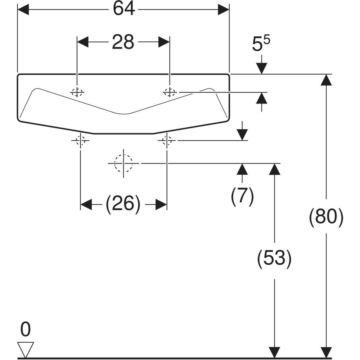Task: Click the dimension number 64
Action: (124, 9)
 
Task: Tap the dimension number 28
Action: (123, 42)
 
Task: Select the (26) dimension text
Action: (123, 205)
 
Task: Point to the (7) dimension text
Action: (242, 196)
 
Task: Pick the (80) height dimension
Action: (326, 217)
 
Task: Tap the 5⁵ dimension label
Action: (261, 45)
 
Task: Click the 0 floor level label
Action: (25, 329)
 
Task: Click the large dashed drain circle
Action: (123, 163)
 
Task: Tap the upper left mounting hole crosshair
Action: (77, 92)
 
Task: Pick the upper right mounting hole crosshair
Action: (170, 92)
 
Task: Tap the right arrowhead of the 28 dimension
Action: (164, 42)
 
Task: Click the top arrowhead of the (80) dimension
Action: (326, 80)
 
